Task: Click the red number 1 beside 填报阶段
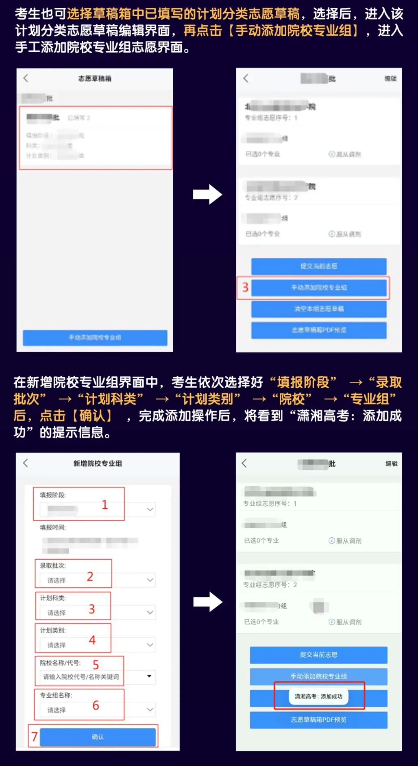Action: point(104,505)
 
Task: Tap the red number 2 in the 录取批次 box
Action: point(90,576)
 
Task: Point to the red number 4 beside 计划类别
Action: point(92,640)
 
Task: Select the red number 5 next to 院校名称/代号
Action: point(96,665)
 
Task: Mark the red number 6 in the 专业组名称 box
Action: point(96,705)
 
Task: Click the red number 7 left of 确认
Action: point(35,736)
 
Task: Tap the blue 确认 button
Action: point(98,737)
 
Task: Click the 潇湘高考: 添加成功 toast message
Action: point(319,696)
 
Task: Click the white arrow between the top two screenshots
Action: point(207,194)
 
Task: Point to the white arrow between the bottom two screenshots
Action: point(208,602)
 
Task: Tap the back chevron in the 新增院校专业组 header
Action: point(26,463)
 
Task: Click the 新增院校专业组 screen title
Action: point(98,464)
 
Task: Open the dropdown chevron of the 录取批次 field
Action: point(150,580)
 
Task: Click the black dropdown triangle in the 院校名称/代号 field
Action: point(149,676)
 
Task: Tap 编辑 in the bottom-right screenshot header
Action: point(391,464)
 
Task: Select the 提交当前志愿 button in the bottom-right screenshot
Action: point(318,654)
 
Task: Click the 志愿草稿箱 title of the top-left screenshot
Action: point(95,79)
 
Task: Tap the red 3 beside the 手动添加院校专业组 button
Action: point(245,287)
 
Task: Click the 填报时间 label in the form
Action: point(53,527)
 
